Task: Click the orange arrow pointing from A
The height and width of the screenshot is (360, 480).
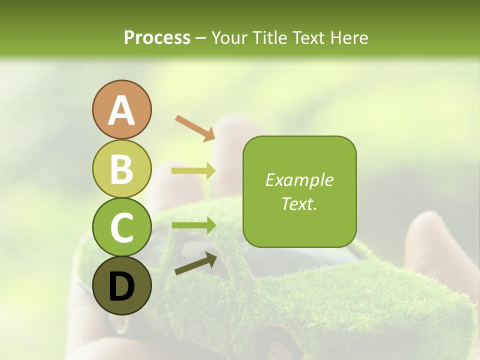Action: pyautogui.click(x=195, y=127)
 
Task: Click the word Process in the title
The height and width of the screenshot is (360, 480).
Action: pyautogui.click(x=157, y=37)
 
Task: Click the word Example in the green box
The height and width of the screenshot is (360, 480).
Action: pyautogui.click(x=299, y=180)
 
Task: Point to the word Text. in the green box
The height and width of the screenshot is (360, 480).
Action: pyautogui.click(x=299, y=203)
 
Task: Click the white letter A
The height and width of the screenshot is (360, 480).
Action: pyautogui.click(x=121, y=110)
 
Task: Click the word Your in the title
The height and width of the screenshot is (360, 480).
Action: pyautogui.click(x=229, y=37)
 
